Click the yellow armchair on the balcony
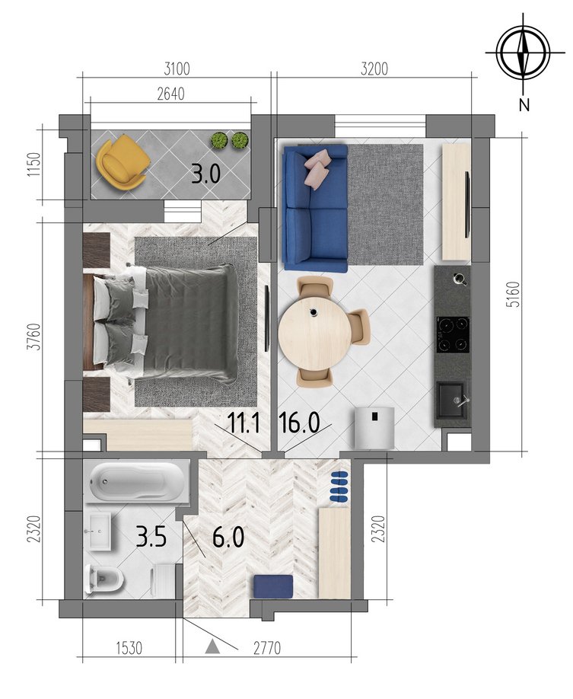coord(122,162)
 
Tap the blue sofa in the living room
coord(315,208)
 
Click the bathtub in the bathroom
coord(137,481)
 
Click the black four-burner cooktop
coord(453,335)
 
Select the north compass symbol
coord(524,52)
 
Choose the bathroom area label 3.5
coord(151,536)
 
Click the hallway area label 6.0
coord(228,536)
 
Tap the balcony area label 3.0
coord(206,174)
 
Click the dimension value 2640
coord(171,94)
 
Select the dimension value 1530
coord(129,648)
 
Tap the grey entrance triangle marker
coord(213,646)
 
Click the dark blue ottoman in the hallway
coord(274,586)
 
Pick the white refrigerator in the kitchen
coord(374,427)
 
